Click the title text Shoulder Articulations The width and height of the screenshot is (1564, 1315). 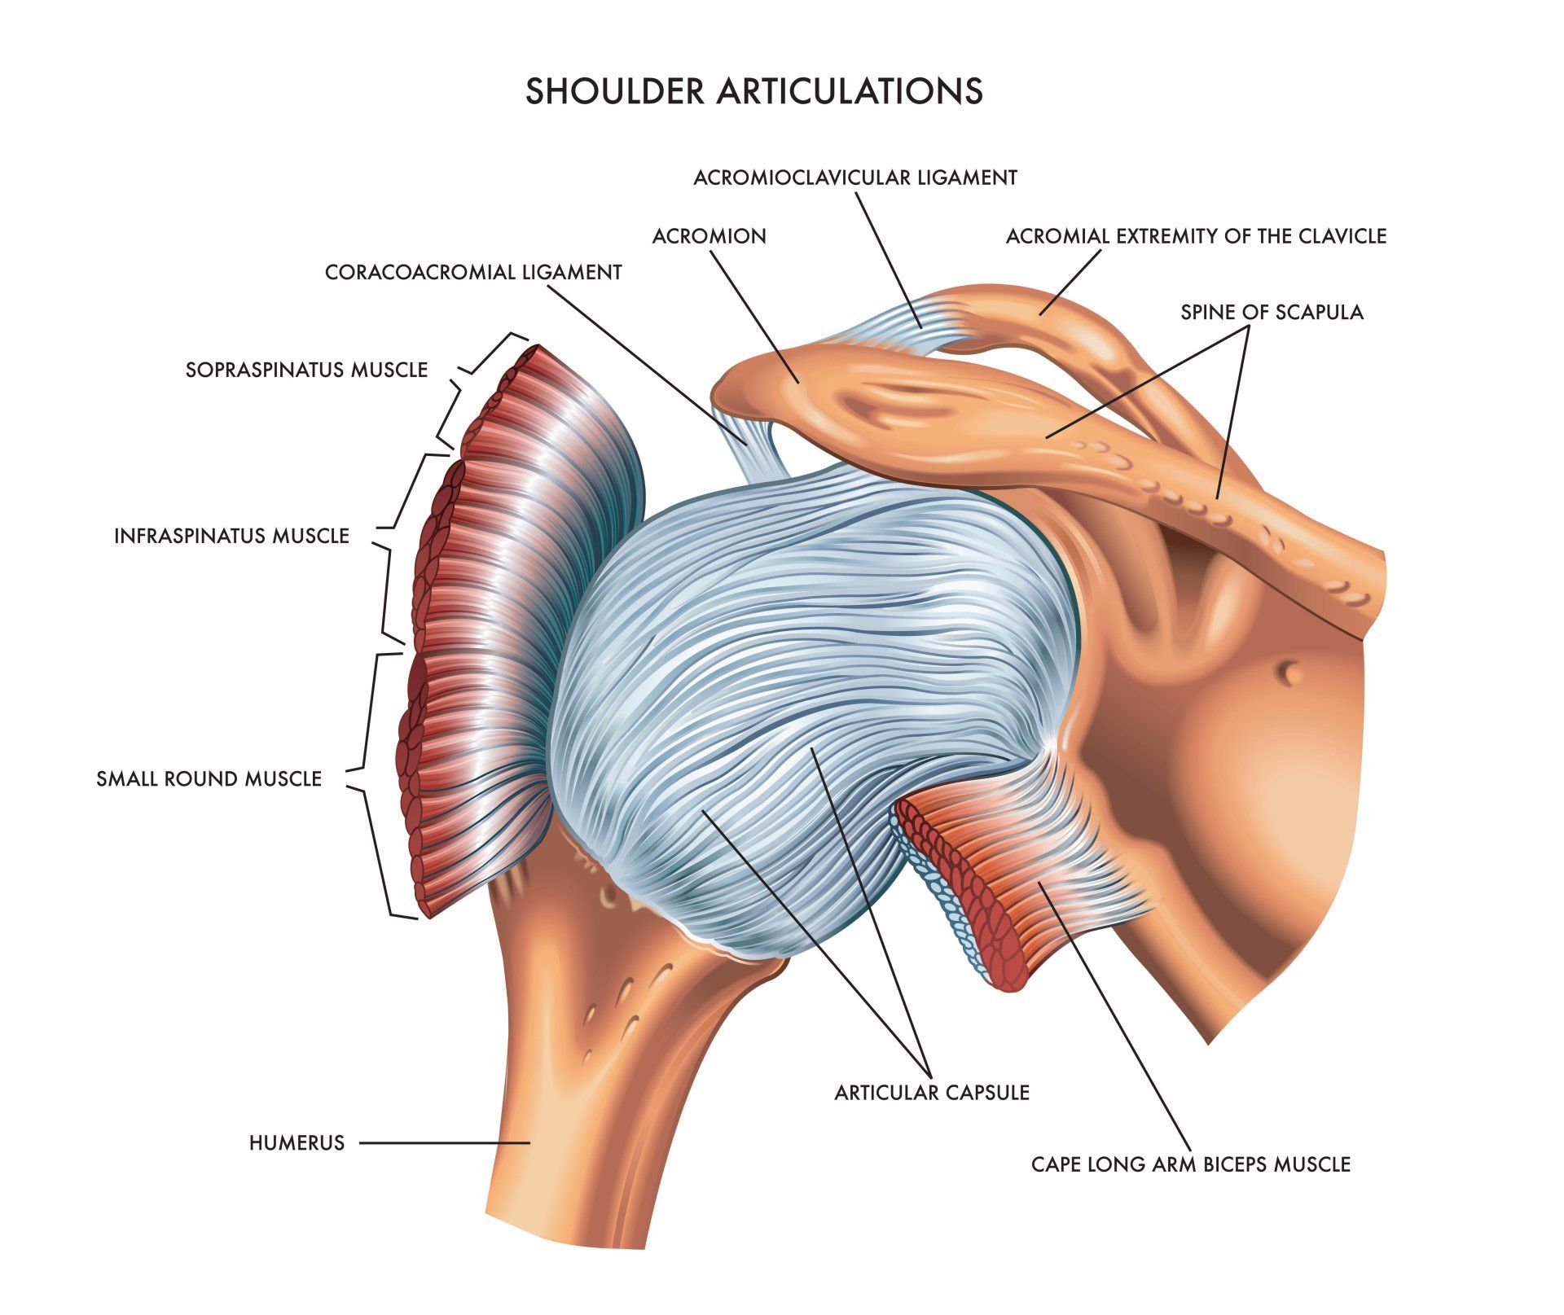coord(753,91)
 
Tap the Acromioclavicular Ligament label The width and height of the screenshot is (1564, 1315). coord(855,178)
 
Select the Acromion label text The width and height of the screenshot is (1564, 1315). coord(710,236)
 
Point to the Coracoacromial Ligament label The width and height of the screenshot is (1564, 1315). coord(473,272)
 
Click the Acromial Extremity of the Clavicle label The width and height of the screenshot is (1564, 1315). coord(1196,236)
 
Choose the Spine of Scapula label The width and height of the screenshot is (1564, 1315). coord(1272,312)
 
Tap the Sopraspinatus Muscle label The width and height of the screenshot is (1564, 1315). coord(306,370)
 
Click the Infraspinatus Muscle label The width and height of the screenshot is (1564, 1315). coord(231,536)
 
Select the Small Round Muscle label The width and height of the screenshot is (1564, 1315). coord(209,779)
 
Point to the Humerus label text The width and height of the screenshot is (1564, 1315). coord(297,1143)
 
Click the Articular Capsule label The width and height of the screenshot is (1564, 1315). coord(932,1093)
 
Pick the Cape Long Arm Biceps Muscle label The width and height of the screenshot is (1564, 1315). coord(1191,1164)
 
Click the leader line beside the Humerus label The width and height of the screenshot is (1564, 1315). coord(445,1142)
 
